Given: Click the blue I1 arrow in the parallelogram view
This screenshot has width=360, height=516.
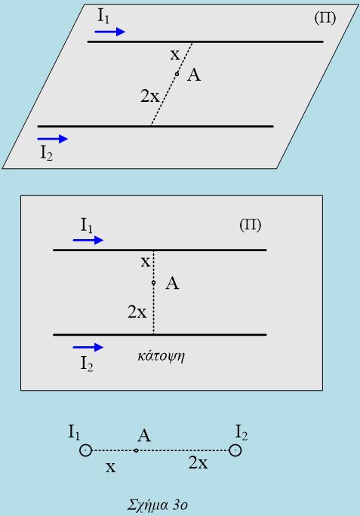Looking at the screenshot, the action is pyautogui.click(x=110, y=32).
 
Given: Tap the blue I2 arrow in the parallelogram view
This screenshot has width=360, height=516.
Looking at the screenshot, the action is pyautogui.click(x=53, y=139).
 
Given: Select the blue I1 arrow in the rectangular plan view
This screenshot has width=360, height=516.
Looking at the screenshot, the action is pyautogui.click(x=88, y=240).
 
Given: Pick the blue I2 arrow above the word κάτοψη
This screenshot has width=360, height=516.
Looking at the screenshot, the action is pyautogui.click(x=88, y=347).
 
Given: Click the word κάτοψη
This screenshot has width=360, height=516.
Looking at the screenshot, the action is pyautogui.click(x=161, y=356).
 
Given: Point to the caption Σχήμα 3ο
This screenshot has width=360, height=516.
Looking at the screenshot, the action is pyautogui.click(x=158, y=505).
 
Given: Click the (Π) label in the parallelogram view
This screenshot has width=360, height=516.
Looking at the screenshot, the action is pyautogui.click(x=325, y=18).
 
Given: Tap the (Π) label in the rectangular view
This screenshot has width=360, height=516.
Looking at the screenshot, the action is pyautogui.click(x=251, y=225).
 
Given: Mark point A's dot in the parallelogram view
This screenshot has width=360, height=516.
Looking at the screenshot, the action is pyautogui.click(x=177, y=74).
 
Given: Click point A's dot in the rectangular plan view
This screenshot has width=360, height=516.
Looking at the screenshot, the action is pyautogui.click(x=153, y=283).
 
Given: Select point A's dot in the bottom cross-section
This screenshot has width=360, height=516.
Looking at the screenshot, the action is pyautogui.click(x=136, y=450).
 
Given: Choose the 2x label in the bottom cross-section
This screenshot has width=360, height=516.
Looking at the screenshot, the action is pyautogui.click(x=198, y=462).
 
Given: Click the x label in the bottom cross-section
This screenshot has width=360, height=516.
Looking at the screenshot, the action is pyautogui.click(x=111, y=467).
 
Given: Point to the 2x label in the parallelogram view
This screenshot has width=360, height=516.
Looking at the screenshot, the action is pyautogui.click(x=150, y=96).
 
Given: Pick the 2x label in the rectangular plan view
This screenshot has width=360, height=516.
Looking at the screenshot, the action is pyautogui.click(x=137, y=312).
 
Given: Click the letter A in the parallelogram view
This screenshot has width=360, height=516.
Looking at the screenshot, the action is pyautogui.click(x=194, y=75).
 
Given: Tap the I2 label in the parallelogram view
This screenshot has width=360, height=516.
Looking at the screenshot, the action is pyautogui.click(x=47, y=153).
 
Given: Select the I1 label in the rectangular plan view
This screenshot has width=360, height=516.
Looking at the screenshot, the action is pyautogui.click(x=87, y=226).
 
